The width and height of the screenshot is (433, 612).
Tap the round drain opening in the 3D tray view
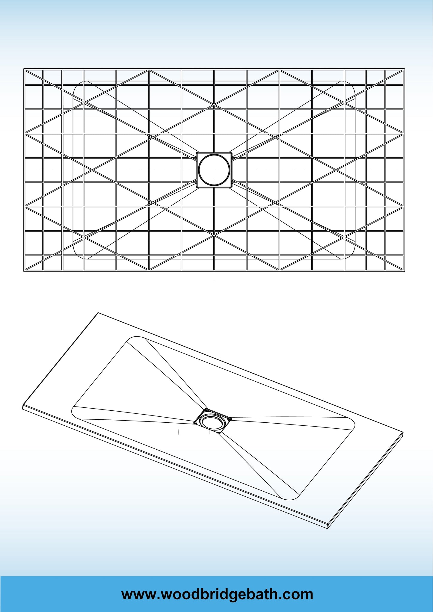coord(212,421)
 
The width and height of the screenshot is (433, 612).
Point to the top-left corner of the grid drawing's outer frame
coord(24,69)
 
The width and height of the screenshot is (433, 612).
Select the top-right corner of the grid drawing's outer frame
coord(405,69)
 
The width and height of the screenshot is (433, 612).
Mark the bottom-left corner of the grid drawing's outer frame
coord(24,271)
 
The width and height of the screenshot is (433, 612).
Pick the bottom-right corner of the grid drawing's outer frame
coord(405,271)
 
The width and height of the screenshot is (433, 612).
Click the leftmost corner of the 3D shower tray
coord(23,407)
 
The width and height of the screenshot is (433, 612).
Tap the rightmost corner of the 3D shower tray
coord(403,432)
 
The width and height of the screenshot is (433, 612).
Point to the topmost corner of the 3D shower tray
coord(98,313)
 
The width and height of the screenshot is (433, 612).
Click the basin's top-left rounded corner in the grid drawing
coord(77,85)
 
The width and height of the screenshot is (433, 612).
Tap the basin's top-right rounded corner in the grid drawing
coord(351,85)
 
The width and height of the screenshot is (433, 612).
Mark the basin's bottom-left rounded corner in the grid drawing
coord(77,254)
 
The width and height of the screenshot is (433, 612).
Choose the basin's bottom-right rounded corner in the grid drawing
coord(351,254)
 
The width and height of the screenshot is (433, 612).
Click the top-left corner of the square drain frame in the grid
coord(197,152)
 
